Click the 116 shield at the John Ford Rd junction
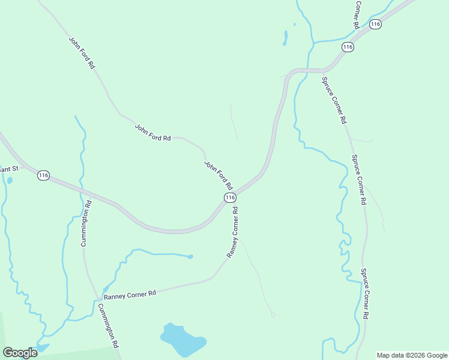click(229, 197)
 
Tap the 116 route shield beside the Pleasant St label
click(43, 175)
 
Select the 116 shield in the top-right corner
click(376, 24)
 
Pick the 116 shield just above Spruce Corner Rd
click(348, 46)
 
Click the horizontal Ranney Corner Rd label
click(130, 295)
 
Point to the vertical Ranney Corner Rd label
click(233, 233)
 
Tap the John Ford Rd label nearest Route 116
click(218, 175)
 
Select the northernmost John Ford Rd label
click(82, 52)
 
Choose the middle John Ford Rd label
click(153, 133)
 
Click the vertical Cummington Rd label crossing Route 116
click(86, 223)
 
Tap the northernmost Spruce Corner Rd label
click(334, 100)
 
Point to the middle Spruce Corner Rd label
click(358, 180)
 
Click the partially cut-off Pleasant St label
click(9, 169)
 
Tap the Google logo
click(20, 352)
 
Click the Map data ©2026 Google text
click(412, 355)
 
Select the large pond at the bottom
click(181, 340)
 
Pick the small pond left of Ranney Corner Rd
click(190, 257)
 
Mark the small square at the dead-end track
click(273, 314)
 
